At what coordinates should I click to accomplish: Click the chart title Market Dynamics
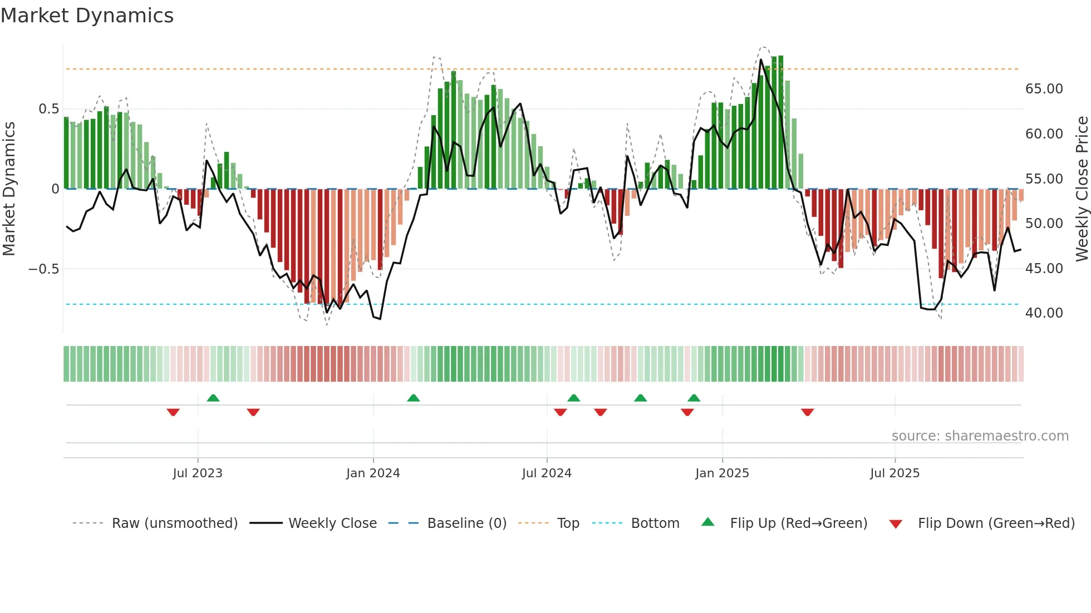pyautogui.click(x=87, y=16)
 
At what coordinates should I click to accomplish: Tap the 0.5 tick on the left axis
pyautogui.click(x=48, y=109)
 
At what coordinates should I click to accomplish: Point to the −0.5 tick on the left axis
pyautogui.click(x=43, y=269)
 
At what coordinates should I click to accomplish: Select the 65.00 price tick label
pyautogui.click(x=1044, y=89)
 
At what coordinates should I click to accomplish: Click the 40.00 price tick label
pyautogui.click(x=1044, y=313)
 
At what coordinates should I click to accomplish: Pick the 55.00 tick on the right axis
pyautogui.click(x=1044, y=179)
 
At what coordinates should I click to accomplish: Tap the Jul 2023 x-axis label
pyautogui.click(x=198, y=473)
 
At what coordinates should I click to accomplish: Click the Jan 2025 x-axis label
pyautogui.click(x=722, y=473)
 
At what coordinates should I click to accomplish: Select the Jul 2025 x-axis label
pyautogui.click(x=895, y=473)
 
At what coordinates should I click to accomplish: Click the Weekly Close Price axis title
pyautogui.click(x=1082, y=189)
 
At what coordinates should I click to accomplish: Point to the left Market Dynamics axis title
pyautogui.click(x=9, y=189)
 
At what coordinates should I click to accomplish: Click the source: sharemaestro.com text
pyautogui.click(x=980, y=436)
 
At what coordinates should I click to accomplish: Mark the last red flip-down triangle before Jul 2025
pyautogui.click(x=808, y=412)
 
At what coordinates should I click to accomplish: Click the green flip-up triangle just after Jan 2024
pyautogui.click(x=413, y=398)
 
